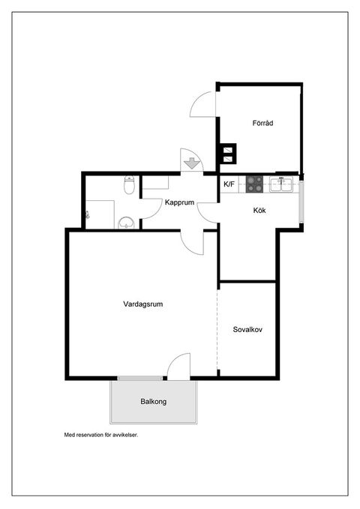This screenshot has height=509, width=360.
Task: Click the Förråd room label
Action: tap(262, 123)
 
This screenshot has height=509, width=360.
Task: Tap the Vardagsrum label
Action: tap(143, 304)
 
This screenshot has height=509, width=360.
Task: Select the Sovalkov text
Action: tap(247, 330)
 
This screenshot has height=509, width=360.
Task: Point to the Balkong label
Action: tap(153, 402)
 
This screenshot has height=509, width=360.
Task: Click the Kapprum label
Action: tap(179, 202)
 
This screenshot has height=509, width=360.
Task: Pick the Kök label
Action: tap(259, 211)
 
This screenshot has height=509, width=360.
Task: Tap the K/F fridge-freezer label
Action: tap(229, 184)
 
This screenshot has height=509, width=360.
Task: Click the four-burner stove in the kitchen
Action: tap(254, 184)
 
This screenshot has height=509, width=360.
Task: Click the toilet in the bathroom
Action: tap(129, 184)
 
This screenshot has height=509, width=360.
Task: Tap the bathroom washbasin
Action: tap(127, 223)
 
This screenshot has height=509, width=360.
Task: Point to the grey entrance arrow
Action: tap(192, 163)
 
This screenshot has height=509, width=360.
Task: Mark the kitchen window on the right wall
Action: tap(301, 201)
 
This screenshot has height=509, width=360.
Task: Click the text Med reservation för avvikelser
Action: tap(101, 435)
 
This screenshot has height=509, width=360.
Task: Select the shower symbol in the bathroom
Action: tap(87, 214)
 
